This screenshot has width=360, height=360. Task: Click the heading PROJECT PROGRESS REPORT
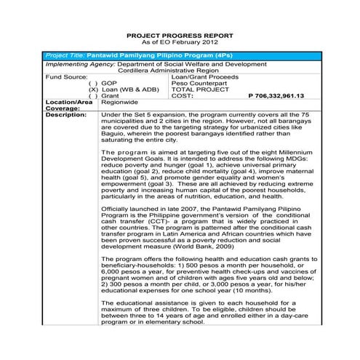click(x=180, y=35)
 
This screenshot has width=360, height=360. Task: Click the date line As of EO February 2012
click(x=180, y=42)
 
